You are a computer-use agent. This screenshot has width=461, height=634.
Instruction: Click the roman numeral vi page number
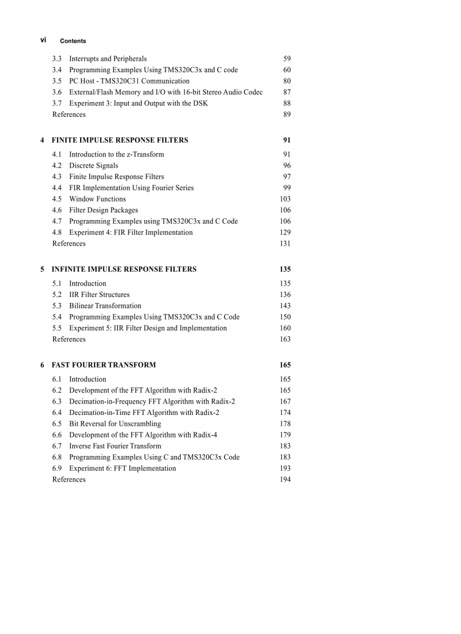[x=43, y=40]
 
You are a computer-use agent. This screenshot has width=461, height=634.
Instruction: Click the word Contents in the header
[x=73, y=41]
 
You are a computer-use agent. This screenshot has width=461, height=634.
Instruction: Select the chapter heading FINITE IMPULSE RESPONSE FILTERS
[x=120, y=140]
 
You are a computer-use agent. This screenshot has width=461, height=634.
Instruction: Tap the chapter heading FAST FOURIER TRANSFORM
[x=103, y=365]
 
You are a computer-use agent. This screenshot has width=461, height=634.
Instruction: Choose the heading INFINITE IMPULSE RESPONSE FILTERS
[x=124, y=269]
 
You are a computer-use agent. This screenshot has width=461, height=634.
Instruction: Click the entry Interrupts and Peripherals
[x=107, y=59]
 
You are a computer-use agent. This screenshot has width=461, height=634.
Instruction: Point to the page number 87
[x=287, y=92]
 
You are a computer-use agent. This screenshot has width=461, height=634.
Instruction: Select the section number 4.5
[x=56, y=199]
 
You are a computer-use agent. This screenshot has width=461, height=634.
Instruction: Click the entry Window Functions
[x=97, y=199]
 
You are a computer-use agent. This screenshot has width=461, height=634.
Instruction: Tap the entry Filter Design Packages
[x=103, y=210]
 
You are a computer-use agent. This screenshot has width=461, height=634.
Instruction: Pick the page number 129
[x=285, y=233]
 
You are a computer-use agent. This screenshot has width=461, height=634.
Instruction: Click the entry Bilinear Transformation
[x=105, y=306]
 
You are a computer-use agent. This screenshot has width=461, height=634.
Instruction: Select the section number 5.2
[x=56, y=295]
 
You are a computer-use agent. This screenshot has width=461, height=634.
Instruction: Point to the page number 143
[x=285, y=306]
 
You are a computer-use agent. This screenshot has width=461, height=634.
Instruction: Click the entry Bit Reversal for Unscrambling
[x=115, y=424]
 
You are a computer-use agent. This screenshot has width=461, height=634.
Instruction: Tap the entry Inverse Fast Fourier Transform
[x=115, y=446]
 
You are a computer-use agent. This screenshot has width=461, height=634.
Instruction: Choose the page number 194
[x=285, y=480]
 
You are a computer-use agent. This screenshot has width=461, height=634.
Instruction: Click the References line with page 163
[x=69, y=339]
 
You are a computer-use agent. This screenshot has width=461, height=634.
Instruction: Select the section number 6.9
[x=56, y=469]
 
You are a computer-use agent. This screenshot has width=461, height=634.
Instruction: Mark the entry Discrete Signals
[x=93, y=165]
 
